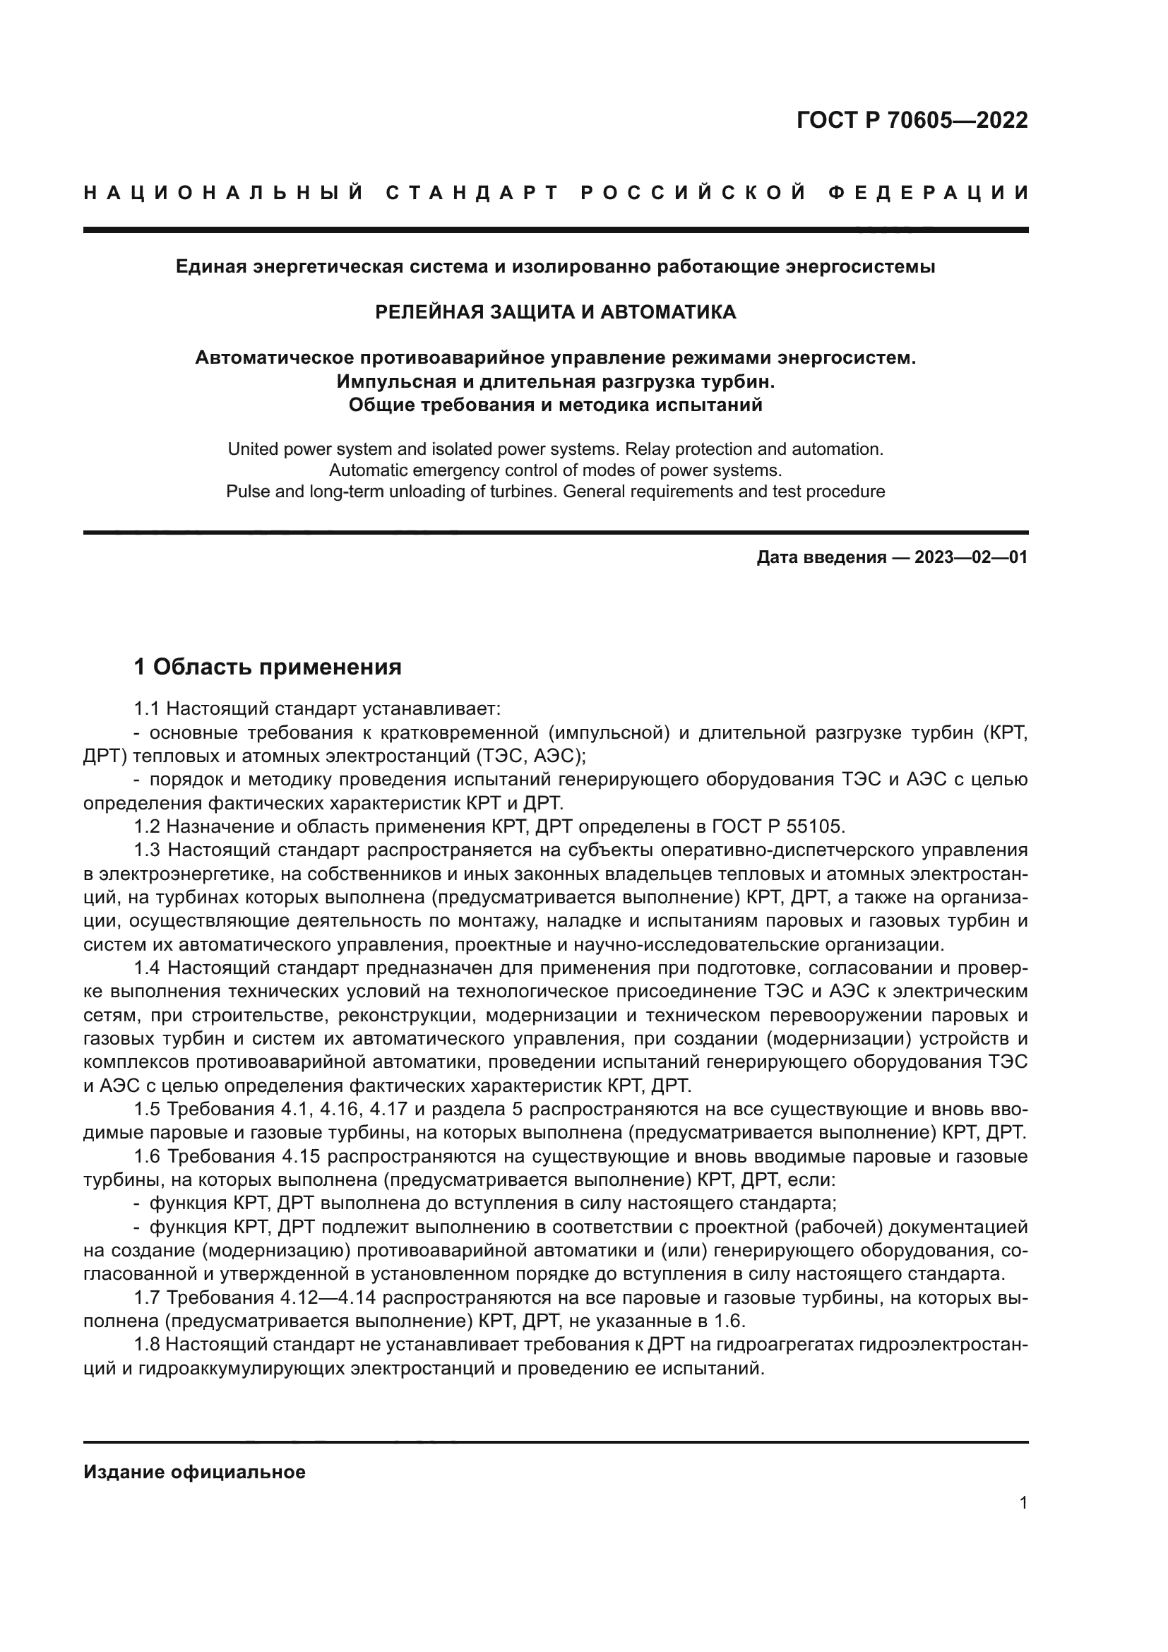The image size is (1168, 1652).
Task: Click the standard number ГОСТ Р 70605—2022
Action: point(912,120)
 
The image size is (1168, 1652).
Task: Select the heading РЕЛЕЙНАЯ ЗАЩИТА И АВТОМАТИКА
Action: point(555,312)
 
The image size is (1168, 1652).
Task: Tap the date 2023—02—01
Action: point(971,558)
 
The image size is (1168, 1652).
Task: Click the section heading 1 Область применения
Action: point(268,667)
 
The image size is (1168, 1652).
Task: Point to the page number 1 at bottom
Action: point(1023,1503)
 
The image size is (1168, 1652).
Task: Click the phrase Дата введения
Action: point(821,558)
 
